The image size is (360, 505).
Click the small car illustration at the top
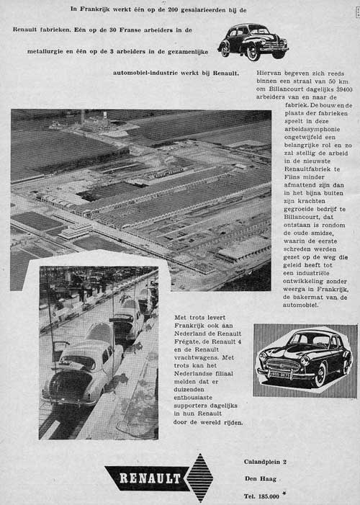coord(253,41)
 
